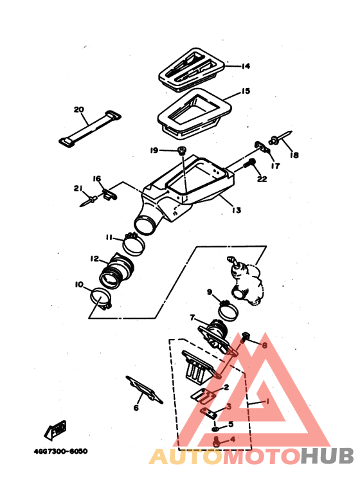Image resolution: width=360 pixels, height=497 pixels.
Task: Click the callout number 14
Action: [x=246, y=66]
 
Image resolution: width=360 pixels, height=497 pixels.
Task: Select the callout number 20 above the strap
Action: [x=79, y=110]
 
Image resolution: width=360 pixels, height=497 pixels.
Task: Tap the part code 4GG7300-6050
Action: [x=60, y=451]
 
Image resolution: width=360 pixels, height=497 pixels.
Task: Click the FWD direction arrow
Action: [x=55, y=429]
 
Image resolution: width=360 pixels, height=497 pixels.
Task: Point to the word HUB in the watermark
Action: [x=327, y=456]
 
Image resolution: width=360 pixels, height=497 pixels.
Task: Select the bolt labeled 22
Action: [x=249, y=164]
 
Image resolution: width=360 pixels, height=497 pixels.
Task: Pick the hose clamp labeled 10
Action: [x=101, y=298]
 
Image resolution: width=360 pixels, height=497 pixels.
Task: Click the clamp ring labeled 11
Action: [x=134, y=244]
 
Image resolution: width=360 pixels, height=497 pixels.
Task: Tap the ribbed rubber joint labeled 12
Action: [x=116, y=271]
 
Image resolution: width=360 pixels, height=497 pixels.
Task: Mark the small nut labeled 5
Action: [x=215, y=429]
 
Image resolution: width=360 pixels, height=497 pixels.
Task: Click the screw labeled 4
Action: [x=217, y=442]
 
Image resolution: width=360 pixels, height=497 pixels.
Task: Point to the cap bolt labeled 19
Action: [x=181, y=150]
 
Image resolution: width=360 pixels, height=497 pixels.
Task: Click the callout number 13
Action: [x=237, y=210]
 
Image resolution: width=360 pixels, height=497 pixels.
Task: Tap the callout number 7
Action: [x=192, y=317]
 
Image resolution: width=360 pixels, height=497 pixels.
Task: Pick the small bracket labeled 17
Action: [x=262, y=147]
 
